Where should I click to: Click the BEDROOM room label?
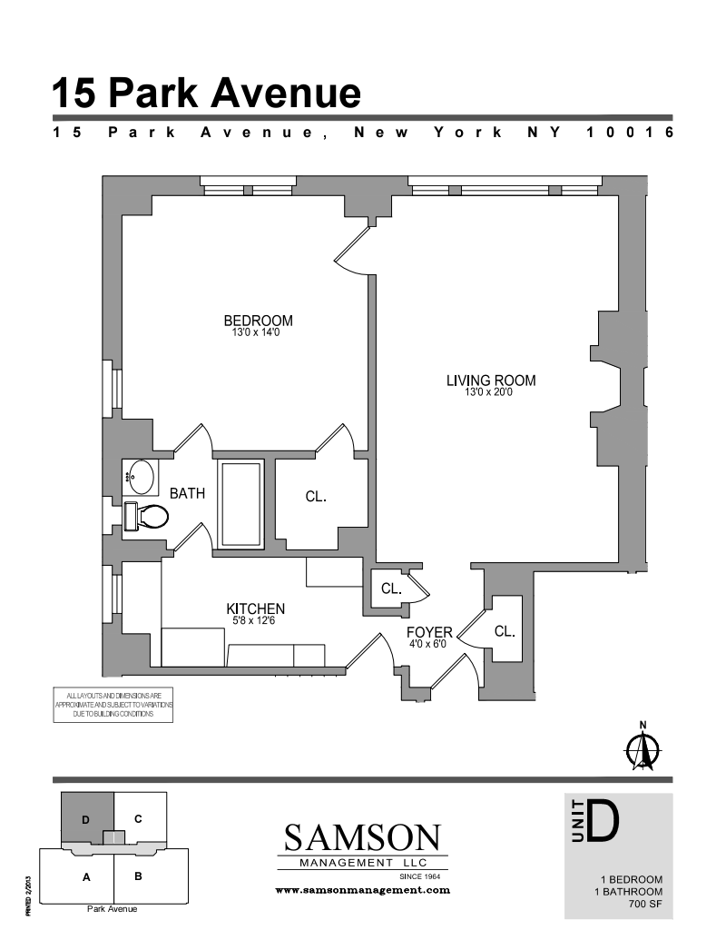[x=258, y=321]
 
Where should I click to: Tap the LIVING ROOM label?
[x=491, y=381]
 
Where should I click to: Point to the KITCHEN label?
[x=255, y=609]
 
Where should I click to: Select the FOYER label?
[x=429, y=632]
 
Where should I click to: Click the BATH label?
[x=187, y=493]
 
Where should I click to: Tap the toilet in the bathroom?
[x=146, y=517]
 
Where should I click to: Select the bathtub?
[x=240, y=504]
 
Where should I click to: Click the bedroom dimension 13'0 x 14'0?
[x=256, y=332]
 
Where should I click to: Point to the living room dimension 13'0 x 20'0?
[x=489, y=392]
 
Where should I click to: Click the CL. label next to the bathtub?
[x=316, y=497]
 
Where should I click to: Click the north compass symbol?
[x=643, y=747]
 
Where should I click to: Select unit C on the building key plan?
[x=138, y=819]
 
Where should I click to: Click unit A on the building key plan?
[x=86, y=877]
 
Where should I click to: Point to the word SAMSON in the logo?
[x=362, y=837]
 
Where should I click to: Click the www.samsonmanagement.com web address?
[x=362, y=890]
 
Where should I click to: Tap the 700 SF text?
[x=645, y=904]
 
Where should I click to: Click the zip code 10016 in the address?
[x=630, y=132]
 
